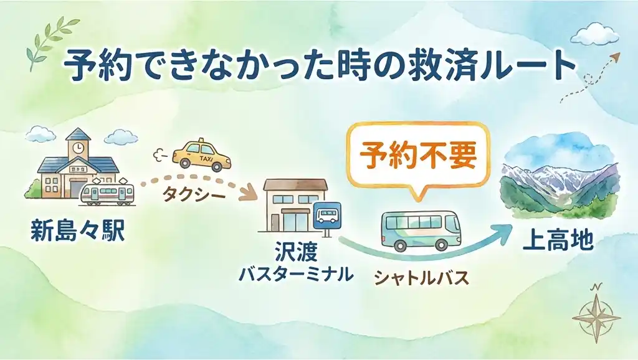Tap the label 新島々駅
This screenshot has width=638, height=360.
click(77, 231)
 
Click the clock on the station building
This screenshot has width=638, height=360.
click(77, 148)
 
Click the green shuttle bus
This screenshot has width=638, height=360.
click(421, 229)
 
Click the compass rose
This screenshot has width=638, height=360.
click(596, 315)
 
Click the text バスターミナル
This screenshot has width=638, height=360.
click(295, 274)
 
